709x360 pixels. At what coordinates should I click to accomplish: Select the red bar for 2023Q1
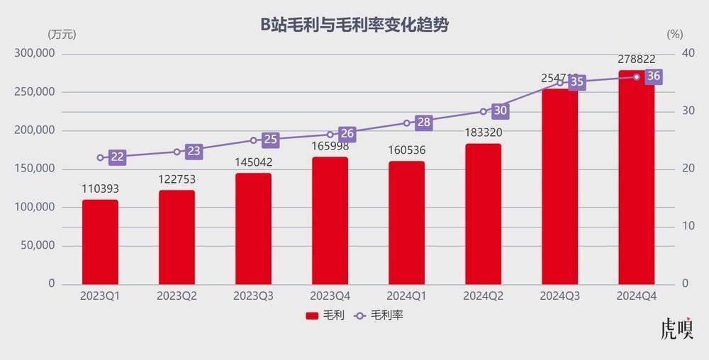(100, 242)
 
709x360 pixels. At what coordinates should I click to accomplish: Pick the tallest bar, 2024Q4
(636, 177)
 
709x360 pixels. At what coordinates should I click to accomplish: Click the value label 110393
(100, 189)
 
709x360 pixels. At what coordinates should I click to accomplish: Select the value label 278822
(636, 60)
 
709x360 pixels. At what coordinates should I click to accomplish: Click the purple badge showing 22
(118, 157)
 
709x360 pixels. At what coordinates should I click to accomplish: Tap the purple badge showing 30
(501, 111)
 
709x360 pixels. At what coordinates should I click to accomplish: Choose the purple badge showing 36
(654, 77)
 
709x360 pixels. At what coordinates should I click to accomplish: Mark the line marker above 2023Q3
(253, 140)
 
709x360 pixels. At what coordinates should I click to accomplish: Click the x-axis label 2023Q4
(330, 295)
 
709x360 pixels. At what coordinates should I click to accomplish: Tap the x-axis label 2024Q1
(406, 295)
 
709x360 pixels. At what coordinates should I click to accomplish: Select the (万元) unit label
(62, 34)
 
